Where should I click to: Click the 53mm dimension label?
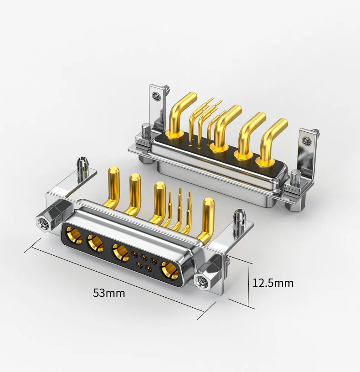[109, 293]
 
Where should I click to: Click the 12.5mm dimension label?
[273, 283]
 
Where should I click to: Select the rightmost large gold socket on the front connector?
[170, 270]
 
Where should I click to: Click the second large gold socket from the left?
[96, 243]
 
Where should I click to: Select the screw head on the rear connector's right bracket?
[306, 141]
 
